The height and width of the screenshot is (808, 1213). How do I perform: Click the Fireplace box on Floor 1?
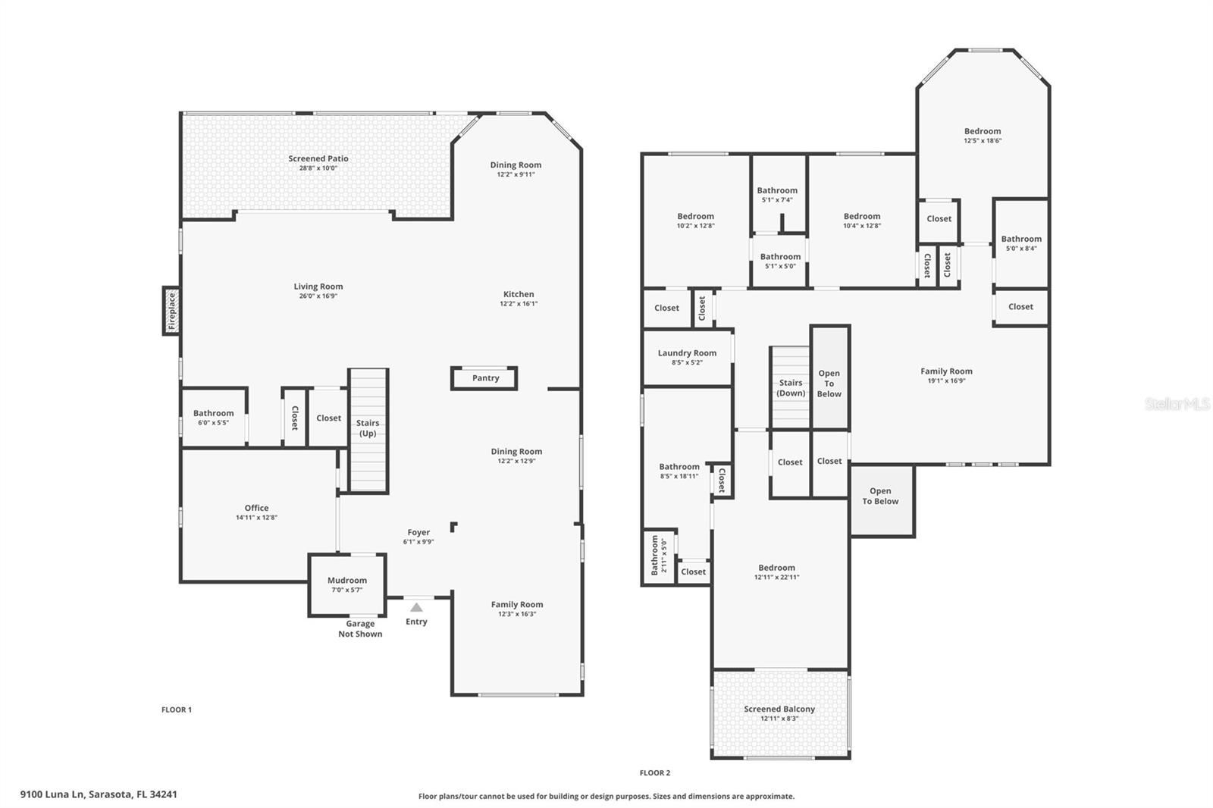[x=171, y=311]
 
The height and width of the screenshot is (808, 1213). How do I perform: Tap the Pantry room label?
[x=485, y=378]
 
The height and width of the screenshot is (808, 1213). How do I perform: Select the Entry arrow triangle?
[x=416, y=607]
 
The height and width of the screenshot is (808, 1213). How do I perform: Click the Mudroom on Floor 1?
[x=347, y=585]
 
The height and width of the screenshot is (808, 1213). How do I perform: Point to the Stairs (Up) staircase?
[x=368, y=431]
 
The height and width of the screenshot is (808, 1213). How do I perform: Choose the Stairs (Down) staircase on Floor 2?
[x=790, y=387]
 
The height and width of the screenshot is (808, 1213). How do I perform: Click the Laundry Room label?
[x=687, y=353]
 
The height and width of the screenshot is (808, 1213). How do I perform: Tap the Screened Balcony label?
[x=779, y=709]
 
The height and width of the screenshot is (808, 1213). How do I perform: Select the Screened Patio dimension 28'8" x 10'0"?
[x=318, y=168]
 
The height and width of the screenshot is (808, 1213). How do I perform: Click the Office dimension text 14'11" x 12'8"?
[x=256, y=517]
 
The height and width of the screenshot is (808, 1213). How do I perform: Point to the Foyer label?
[x=418, y=532]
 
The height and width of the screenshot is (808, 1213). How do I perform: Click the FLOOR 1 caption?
[x=177, y=709]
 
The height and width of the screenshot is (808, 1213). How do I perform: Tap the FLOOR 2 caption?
[x=655, y=773]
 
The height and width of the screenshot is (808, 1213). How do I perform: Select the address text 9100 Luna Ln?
[x=52, y=794]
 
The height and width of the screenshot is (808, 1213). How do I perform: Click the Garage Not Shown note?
[x=360, y=629]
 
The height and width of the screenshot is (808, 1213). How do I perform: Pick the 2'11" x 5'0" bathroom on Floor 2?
[x=659, y=556]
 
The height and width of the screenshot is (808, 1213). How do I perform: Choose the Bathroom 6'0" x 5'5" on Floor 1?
[x=214, y=417]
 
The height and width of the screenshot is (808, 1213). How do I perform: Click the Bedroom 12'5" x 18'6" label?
[x=983, y=131]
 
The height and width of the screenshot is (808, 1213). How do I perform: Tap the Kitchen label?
[x=519, y=294]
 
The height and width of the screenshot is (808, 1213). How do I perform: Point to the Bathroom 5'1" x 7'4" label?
[x=777, y=190]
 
